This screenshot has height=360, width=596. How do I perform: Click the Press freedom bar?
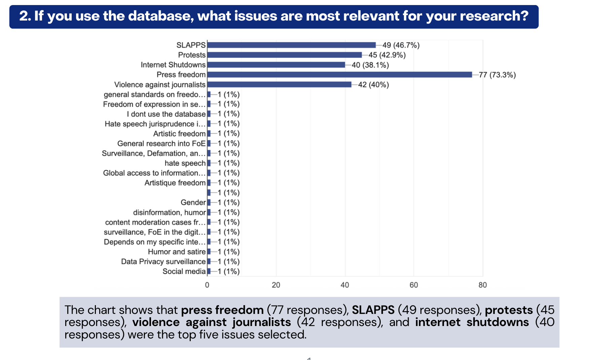(340, 75)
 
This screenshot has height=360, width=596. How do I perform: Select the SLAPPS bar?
(291, 45)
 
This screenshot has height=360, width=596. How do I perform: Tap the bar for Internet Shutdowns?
(276, 65)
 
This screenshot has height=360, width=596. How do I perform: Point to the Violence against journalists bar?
(279, 84)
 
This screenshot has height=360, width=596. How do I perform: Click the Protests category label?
(192, 55)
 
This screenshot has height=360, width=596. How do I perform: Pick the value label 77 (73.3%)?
(497, 75)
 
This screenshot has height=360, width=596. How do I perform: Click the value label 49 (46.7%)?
(401, 45)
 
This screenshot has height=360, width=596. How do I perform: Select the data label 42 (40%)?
(373, 84)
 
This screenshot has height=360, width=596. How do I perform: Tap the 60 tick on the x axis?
(414, 285)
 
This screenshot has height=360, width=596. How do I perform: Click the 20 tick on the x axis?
(276, 285)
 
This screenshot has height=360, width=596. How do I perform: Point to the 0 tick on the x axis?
(207, 285)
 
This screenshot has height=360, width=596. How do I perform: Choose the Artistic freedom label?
(179, 134)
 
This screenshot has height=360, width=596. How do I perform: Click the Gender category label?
(193, 203)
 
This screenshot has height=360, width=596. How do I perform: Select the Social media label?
(184, 272)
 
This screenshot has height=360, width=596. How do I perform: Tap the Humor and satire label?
(177, 252)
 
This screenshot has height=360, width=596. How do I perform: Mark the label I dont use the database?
(166, 114)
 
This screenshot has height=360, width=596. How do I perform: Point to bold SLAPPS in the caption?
(373, 310)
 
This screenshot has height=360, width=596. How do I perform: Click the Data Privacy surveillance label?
(163, 261)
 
